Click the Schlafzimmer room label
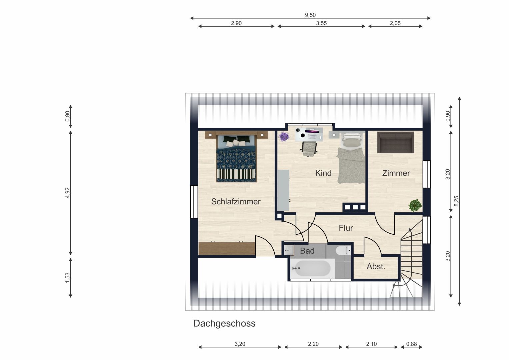click(x=236, y=202)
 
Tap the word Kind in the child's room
click(x=323, y=173)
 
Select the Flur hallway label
click(x=346, y=228)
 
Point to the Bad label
click(x=307, y=251)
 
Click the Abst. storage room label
click(x=376, y=266)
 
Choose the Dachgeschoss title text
click(x=224, y=323)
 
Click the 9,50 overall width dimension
click(x=310, y=15)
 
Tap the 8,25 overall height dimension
click(x=456, y=201)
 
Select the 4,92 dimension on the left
click(x=67, y=193)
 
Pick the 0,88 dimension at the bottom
click(x=411, y=344)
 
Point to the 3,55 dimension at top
click(x=321, y=23)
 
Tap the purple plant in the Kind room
click(x=284, y=137)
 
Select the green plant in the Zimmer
click(x=415, y=205)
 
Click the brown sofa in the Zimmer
click(x=396, y=143)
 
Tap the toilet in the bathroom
click(x=343, y=251)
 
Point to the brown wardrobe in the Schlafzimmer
click(x=227, y=248)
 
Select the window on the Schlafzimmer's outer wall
click(x=194, y=202)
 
